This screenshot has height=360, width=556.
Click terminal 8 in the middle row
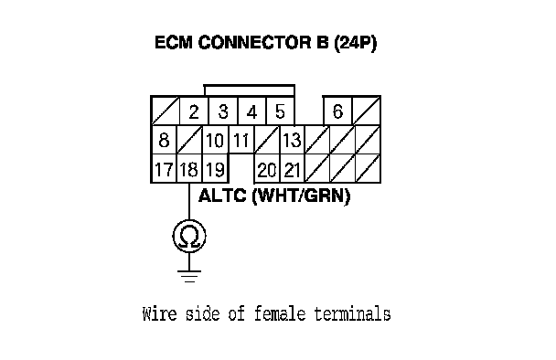pos(164,140)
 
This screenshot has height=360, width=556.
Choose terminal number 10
pos(215,141)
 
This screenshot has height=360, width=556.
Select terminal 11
pos(241,141)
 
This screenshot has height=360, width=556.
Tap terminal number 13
pos(292,141)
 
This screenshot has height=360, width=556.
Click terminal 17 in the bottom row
pos(164,169)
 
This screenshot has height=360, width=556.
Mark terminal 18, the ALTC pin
pos(189,169)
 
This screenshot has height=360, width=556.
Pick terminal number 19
pos(215,169)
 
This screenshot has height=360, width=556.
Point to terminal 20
pos(267,170)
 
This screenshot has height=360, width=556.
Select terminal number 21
pos(293,170)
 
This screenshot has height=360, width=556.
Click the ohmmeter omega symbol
pos(189,236)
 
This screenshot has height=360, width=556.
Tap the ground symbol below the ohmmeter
pos(189,276)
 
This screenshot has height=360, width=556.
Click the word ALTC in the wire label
pos(222,196)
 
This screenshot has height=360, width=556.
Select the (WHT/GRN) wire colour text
pos(301,196)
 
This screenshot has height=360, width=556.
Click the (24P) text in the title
pos(356,43)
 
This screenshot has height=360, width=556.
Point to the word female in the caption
pos(280,314)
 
